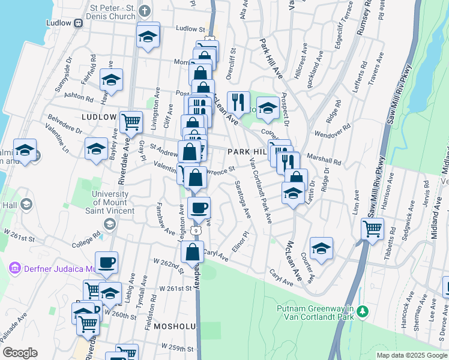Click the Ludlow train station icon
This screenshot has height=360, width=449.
coord(78,23)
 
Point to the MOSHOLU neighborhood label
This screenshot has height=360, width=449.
coord(174,326)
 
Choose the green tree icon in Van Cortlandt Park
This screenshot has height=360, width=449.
coord(363,312)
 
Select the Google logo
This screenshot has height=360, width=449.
coord(20,353)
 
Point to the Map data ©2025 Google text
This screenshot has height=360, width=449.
coord(411,355)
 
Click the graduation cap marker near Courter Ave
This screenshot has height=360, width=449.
coord(321,249)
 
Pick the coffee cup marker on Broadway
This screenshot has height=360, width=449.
coord(199,208)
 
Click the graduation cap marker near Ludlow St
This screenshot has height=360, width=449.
coord(148,37)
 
